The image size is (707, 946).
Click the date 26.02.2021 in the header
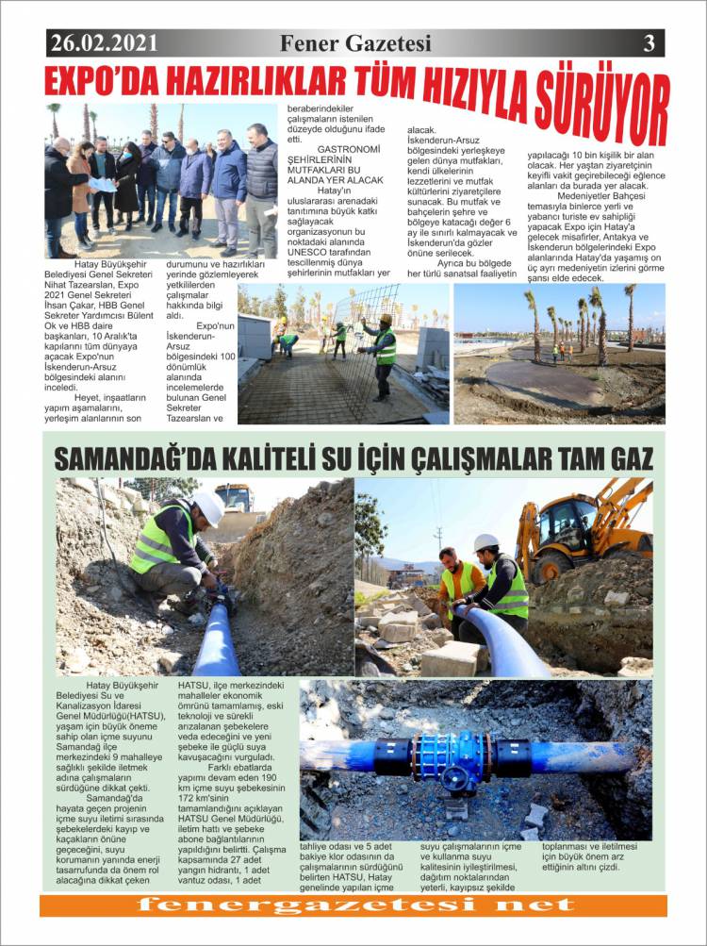pyautogui.click(x=104, y=42)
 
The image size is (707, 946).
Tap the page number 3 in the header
pyautogui.click(x=649, y=42)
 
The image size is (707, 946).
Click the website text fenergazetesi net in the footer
pyautogui.click(x=353, y=905)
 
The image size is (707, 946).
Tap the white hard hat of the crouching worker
pyautogui.click(x=208, y=507)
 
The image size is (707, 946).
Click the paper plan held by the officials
pyautogui.click(x=103, y=184)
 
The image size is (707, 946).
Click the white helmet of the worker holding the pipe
pyautogui.click(x=486, y=542)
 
